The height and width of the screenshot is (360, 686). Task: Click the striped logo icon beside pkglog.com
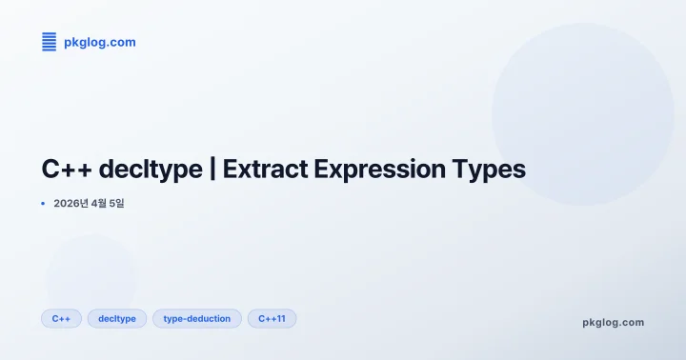[49, 41]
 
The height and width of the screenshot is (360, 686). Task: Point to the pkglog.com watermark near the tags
[613, 322]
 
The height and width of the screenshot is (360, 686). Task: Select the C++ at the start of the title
[66, 170]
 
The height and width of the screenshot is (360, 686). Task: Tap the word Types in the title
[490, 170]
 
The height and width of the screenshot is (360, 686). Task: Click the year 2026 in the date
[68, 203]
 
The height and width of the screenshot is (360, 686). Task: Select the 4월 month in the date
[94, 203]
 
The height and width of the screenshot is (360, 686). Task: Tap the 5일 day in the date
[116, 203]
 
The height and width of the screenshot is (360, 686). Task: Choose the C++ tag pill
[61, 318]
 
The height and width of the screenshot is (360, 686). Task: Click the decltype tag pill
[117, 318]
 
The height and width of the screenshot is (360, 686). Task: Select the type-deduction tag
[197, 318]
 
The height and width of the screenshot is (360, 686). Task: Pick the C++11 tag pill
[272, 318]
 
